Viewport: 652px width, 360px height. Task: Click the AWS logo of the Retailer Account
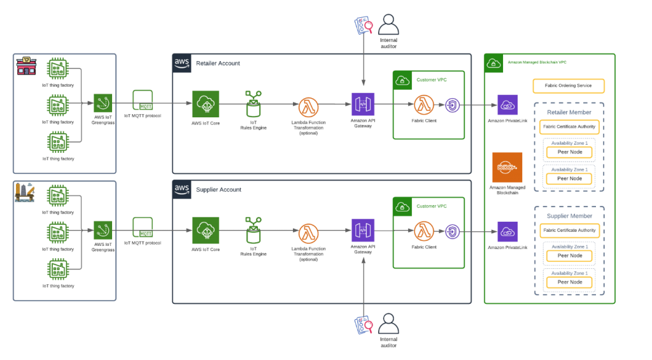[x=182, y=62]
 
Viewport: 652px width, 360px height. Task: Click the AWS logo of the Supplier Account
[x=182, y=189]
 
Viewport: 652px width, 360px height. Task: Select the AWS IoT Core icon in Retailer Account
[x=206, y=104]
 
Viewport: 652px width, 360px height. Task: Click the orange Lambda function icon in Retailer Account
[x=309, y=105]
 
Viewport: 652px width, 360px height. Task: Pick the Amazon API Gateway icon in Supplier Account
[x=363, y=230]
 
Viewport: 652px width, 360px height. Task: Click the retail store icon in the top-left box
[x=26, y=65]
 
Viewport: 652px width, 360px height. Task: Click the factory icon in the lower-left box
[x=25, y=192]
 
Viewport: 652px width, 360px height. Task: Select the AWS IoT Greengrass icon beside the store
[x=103, y=103]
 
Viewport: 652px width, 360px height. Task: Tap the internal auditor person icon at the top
[x=388, y=25]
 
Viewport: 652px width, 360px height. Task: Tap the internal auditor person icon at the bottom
[x=388, y=324]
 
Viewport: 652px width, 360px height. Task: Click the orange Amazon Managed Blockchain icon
[x=507, y=167]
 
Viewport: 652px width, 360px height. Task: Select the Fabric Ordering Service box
[x=568, y=85]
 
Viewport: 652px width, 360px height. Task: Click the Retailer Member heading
[x=569, y=113]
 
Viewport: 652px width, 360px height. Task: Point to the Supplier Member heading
[x=569, y=216]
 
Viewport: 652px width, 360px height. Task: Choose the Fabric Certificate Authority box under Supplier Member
[x=569, y=231]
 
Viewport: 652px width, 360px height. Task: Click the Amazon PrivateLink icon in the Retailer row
[x=507, y=104]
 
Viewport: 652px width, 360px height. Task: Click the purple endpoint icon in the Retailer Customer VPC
[x=452, y=104]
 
